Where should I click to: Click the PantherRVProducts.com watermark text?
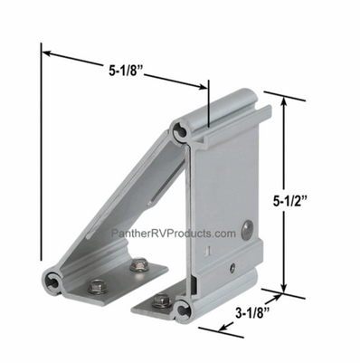pyautogui.click(x=173, y=233)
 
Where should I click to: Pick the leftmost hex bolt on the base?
pyautogui.click(x=93, y=287)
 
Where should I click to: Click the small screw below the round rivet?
pyautogui.click(x=232, y=265)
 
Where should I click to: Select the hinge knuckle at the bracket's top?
pyautogui.click(x=186, y=132)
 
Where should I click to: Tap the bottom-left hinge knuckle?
pyautogui.click(x=53, y=282)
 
